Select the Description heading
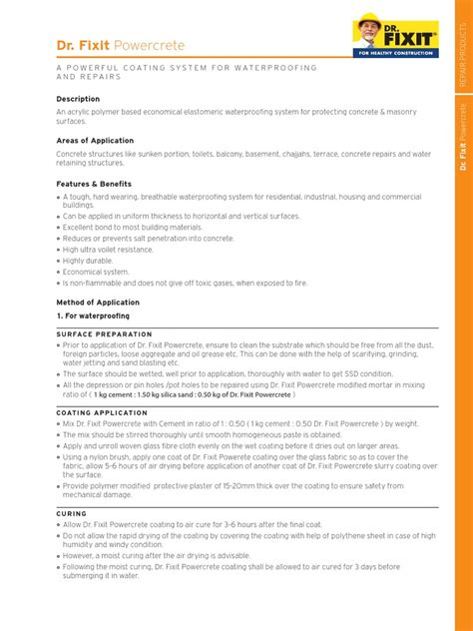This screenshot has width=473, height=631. coord(78,99)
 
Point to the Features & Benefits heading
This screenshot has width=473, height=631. coord(94,184)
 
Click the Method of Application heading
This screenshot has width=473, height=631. coord(98,302)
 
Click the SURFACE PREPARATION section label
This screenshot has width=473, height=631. coord(104,334)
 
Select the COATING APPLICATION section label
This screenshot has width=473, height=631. coord(102,412)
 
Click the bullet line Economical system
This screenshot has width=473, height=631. coord(96,272)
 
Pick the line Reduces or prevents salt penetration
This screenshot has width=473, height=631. coord(149,239)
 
